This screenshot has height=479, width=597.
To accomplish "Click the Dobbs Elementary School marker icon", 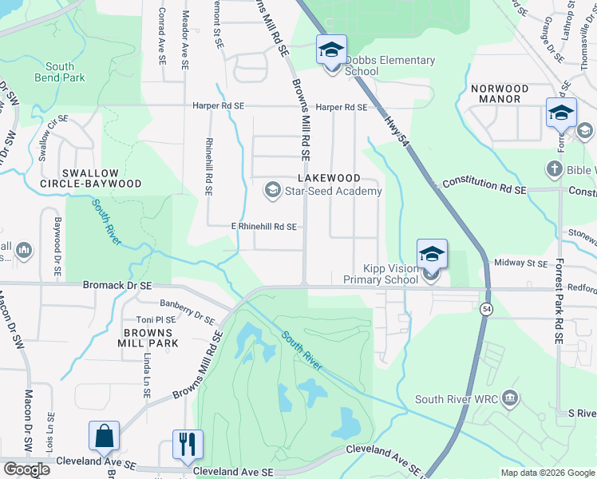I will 330,50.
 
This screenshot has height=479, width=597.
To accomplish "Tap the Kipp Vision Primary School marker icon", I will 432,255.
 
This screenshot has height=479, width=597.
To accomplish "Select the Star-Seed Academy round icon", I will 271,189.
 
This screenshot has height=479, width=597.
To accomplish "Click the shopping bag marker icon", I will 104,437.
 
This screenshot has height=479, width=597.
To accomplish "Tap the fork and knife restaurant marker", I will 188,445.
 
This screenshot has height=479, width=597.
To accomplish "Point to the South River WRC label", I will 457,398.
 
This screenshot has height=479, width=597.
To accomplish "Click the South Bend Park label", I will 60,72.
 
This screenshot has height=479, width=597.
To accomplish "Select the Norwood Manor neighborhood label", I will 500,93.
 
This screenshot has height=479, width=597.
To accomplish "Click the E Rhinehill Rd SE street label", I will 263,227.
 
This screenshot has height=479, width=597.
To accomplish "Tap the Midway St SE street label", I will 521,263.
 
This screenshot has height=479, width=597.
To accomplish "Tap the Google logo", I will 27,469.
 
